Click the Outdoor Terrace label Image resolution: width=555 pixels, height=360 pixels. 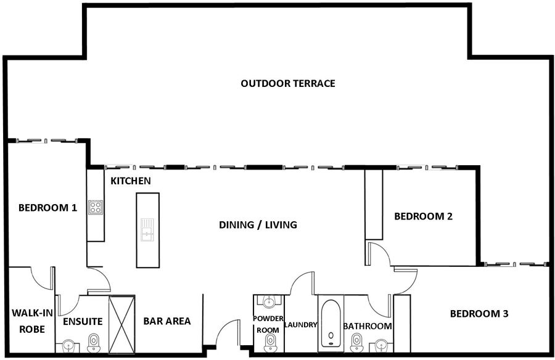point(288,84)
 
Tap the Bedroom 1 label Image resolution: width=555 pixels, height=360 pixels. point(47,208)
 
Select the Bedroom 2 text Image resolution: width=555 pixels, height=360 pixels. point(423,216)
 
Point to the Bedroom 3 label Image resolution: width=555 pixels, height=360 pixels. point(479,314)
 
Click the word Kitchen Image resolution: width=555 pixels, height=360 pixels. point(131,181)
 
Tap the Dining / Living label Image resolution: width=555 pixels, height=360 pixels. point(258,225)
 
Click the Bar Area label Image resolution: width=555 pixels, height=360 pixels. point(166,321)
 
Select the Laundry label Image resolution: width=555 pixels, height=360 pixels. point(300,325)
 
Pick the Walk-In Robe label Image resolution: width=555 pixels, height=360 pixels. point(32,321)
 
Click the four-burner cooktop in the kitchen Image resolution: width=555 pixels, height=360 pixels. point(96,207)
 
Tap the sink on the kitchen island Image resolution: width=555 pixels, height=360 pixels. point(147,230)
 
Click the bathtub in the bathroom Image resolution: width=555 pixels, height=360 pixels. point(331,323)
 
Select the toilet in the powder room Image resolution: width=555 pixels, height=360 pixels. point(269,343)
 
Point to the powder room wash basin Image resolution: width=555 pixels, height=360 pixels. point(269,301)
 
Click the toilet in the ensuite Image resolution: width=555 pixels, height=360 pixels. point(93,343)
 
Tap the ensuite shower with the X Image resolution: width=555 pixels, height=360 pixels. point(121,324)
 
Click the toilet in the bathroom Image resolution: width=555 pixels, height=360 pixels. point(356,343)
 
